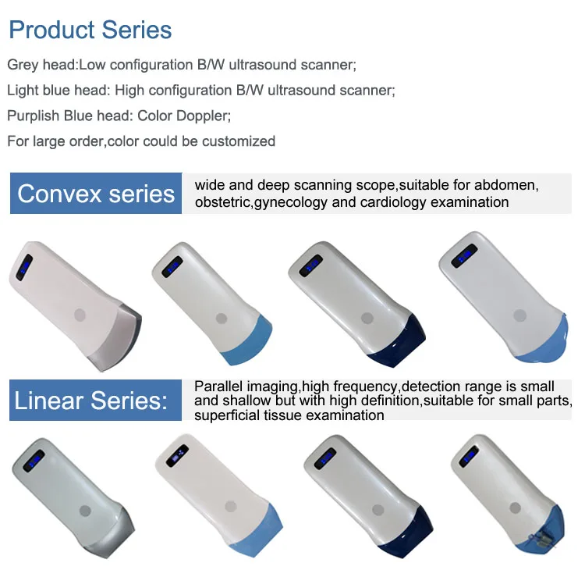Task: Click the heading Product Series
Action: point(90,30)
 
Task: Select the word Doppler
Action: point(204,116)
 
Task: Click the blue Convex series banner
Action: point(96,194)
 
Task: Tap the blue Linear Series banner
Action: point(91,401)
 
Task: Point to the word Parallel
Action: point(219,386)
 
